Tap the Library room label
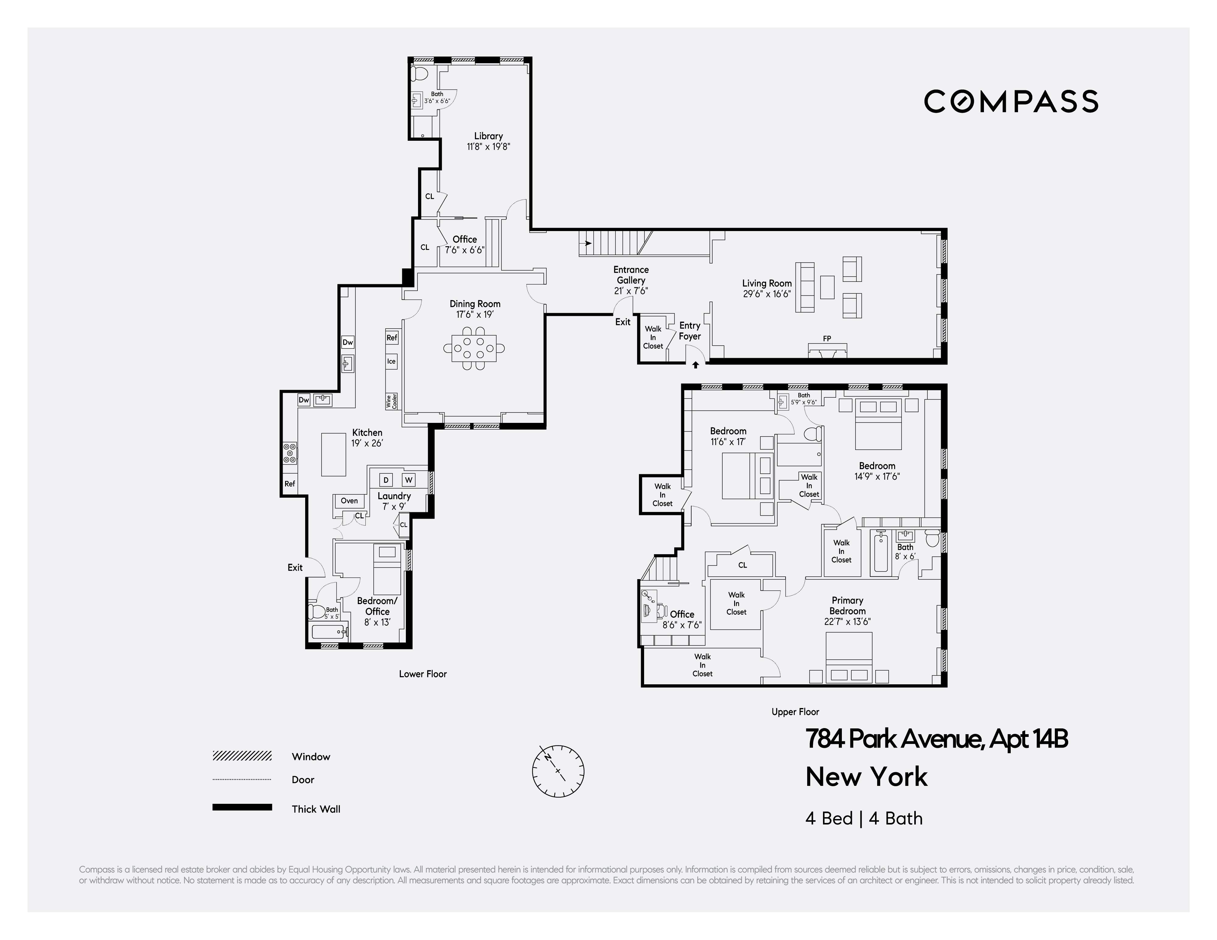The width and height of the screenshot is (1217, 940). click(x=488, y=136)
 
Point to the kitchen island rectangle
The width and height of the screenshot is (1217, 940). click(x=333, y=454)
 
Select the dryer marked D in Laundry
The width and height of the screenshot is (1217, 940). click(x=385, y=479)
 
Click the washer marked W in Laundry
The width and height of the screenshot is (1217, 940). click(x=408, y=479)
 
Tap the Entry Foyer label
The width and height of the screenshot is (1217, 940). click(x=689, y=331)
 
